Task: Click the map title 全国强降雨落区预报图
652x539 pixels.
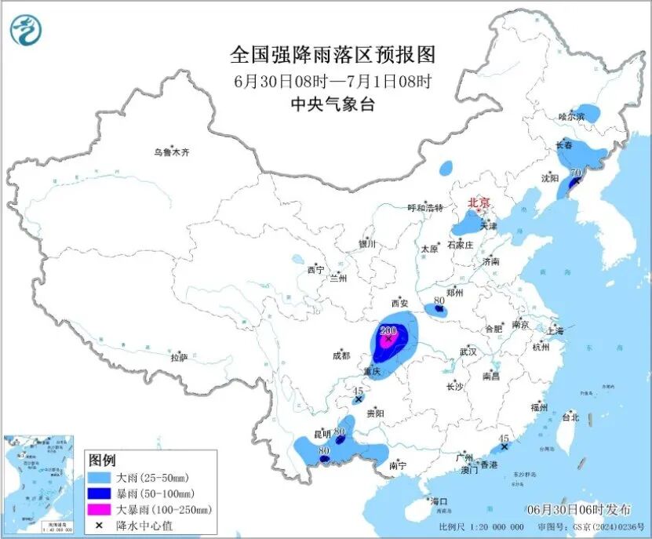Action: click(x=332, y=55)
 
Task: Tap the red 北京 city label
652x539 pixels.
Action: click(x=479, y=202)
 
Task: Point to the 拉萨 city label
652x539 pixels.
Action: click(x=179, y=358)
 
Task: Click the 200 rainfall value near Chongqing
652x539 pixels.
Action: click(x=388, y=330)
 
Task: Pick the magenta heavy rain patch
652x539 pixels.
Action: click(x=387, y=341)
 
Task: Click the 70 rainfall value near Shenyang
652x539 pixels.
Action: click(x=576, y=173)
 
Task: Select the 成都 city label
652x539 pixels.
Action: click(x=341, y=355)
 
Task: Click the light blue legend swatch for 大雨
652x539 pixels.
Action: click(x=100, y=477)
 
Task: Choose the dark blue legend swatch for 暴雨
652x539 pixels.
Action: click(x=100, y=493)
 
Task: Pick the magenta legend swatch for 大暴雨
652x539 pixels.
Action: click(x=100, y=510)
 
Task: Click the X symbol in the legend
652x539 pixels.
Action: click(x=100, y=526)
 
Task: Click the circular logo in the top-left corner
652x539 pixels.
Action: click(x=26, y=31)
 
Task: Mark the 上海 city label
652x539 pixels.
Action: click(x=557, y=330)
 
